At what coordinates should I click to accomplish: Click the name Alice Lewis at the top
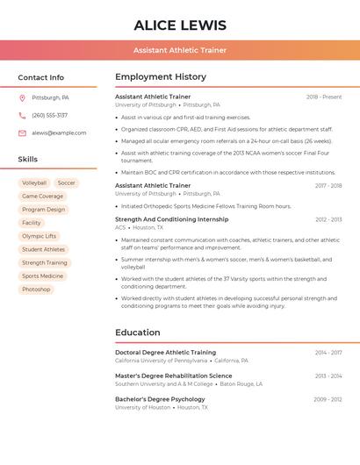click(180, 25)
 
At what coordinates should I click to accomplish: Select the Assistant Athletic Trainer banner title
click(180, 50)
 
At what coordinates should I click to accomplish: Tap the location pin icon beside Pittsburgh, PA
click(22, 97)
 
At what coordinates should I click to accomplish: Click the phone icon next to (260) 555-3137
click(22, 115)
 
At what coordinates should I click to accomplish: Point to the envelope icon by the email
click(22, 133)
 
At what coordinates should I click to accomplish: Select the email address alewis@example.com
click(59, 133)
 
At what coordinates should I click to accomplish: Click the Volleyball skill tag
click(34, 183)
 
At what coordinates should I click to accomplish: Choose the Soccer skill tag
click(67, 183)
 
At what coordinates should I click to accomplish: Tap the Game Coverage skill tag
click(42, 197)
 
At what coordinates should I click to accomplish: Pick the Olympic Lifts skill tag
click(39, 236)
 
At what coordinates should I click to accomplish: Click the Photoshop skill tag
click(36, 290)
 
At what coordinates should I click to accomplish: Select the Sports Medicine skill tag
click(42, 276)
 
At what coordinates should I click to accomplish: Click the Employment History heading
click(161, 77)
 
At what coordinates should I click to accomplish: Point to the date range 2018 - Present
click(324, 97)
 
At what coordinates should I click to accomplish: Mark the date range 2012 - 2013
click(328, 220)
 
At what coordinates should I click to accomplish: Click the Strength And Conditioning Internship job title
click(171, 219)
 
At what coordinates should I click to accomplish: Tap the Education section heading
click(138, 333)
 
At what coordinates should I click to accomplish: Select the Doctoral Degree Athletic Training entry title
click(165, 353)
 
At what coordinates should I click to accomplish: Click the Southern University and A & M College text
click(163, 384)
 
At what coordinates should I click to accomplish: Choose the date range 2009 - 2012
click(328, 400)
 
